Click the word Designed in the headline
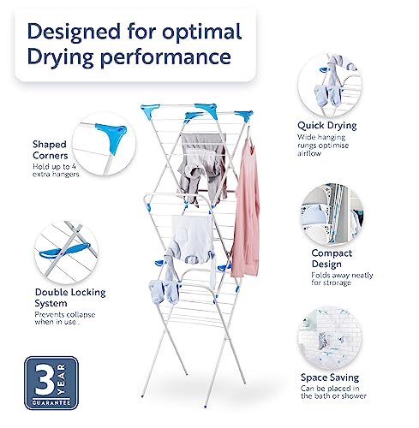pyautogui.click(x=74, y=32)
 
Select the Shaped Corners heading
pyautogui.click(x=50, y=150)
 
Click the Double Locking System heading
pyautogui.click(x=70, y=298)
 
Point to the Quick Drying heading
pyautogui.click(x=327, y=126)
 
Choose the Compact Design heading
pyautogui.click(x=332, y=259)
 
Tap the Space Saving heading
pyautogui.click(x=330, y=377)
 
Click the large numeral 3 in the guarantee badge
pyautogui.click(x=45, y=379)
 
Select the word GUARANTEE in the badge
pyautogui.click(x=51, y=402)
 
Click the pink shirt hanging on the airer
pyautogui.click(x=246, y=208)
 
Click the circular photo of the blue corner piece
pyautogui.click(x=104, y=144)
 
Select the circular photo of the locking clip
pyautogui.click(x=66, y=253)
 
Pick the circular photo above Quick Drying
pyautogui.click(x=330, y=85)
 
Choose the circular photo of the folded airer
pyautogui.click(x=332, y=215)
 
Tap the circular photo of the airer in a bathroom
pyautogui.click(x=330, y=339)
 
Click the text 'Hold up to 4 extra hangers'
pyautogui.click(x=56, y=170)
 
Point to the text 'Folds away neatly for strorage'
pyautogui.click(x=342, y=279)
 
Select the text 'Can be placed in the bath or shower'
pyautogui.click(x=333, y=392)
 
